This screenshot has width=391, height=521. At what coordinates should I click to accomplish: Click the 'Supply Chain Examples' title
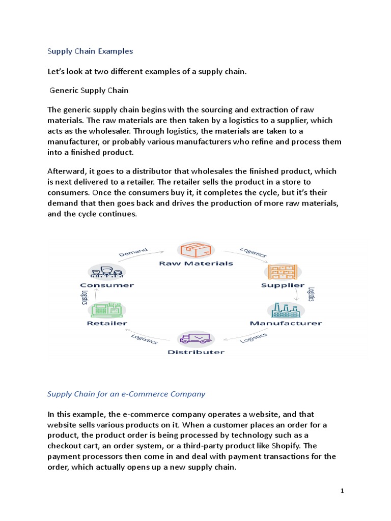[x=90, y=51]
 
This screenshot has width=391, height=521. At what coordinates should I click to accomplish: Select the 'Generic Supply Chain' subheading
[x=89, y=91]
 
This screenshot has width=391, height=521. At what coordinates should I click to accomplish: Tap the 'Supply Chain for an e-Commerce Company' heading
[x=126, y=393]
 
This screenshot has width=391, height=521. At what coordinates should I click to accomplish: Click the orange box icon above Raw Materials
[x=196, y=250]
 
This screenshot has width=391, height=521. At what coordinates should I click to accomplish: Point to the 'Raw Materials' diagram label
[x=196, y=263]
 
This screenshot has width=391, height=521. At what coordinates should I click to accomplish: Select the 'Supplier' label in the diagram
[x=283, y=285]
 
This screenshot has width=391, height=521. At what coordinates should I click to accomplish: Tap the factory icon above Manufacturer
[x=286, y=310]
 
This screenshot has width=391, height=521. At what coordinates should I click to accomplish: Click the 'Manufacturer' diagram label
[x=286, y=323]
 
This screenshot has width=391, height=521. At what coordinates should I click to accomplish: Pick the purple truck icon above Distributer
[x=196, y=338]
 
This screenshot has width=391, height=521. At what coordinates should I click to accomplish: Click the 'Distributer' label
[x=196, y=352]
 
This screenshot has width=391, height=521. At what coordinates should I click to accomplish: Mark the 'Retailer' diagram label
[x=107, y=323]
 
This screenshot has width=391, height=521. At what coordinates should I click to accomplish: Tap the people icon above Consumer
[x=106, y=272]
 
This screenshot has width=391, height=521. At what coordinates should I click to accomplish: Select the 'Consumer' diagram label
[x=107, y=285]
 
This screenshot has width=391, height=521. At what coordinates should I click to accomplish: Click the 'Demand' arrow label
[x=133, y=251]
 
